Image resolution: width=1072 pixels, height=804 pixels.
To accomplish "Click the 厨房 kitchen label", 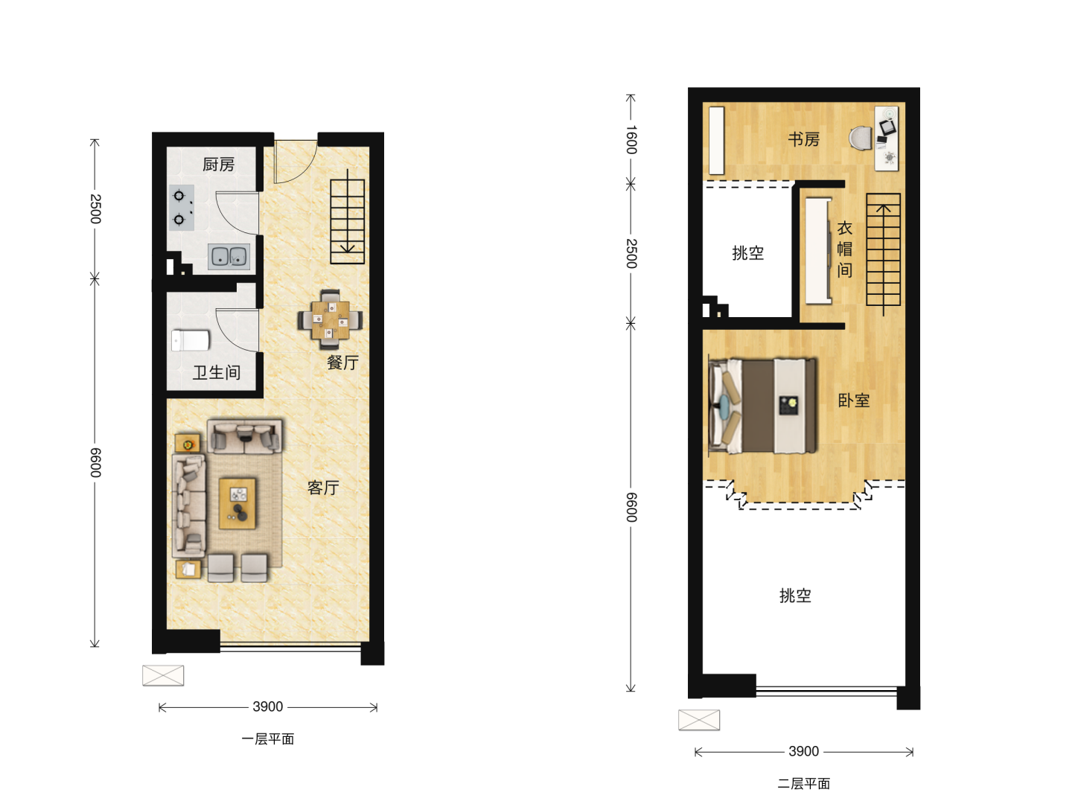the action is point(218,165).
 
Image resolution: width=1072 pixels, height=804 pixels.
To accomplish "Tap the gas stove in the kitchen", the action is point(181,208).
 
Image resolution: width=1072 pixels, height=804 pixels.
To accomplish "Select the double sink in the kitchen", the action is point(229,256).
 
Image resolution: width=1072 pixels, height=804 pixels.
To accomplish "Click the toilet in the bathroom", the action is point(191,340).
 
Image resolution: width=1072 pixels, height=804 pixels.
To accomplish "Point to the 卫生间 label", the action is point(217,373).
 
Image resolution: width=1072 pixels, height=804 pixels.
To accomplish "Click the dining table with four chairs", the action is point(330,320).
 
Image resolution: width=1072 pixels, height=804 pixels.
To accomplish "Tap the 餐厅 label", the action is point(343,363).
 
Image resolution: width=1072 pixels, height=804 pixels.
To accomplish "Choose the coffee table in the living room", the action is point(237,503).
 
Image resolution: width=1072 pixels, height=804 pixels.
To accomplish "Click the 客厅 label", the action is point(323,488).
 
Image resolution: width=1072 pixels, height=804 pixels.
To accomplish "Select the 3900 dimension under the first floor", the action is point(268,706).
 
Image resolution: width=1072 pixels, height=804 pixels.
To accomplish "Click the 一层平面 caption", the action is point(268,739).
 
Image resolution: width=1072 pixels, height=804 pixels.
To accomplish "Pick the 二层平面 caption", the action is point(803,783).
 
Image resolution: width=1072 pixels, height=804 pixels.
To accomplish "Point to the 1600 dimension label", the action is point(631,140).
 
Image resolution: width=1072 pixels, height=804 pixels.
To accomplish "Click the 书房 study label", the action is point(803,140).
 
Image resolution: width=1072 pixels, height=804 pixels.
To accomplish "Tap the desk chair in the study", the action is point(860,138).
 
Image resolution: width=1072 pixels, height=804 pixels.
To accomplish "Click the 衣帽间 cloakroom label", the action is point(845,249).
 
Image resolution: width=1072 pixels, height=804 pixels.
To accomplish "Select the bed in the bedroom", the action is point(762,406).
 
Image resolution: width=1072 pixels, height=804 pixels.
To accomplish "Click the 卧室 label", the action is point(854,401).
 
